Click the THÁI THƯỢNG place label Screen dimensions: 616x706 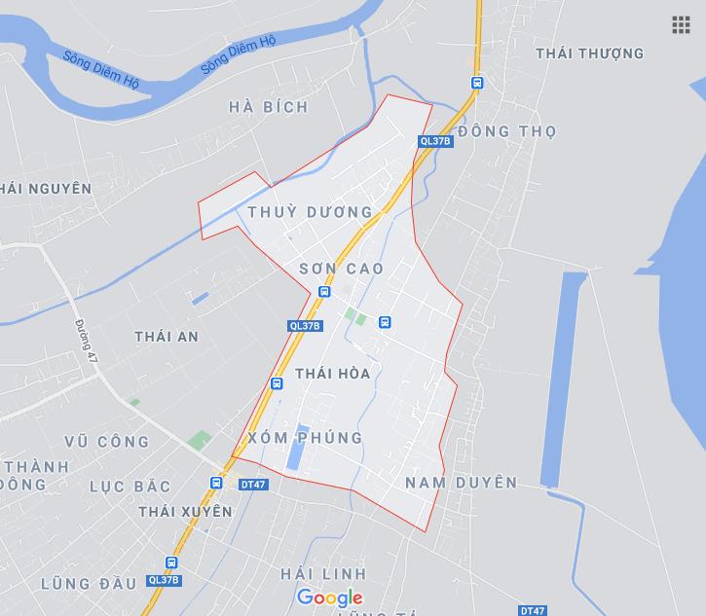[x=589, y=54]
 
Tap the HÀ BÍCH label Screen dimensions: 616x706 [x=269, y=107]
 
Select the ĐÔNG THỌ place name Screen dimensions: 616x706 [x=506, y=131]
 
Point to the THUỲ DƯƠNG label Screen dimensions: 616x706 [x=310, y=211]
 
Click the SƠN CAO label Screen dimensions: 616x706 [x=341, y=268]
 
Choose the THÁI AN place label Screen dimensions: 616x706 [x=167, y=337]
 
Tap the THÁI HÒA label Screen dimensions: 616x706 [x=332, y=374]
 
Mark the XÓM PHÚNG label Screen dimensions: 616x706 [x=305, y=438]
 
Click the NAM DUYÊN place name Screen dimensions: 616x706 [x=461, y=483]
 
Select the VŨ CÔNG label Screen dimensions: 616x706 [x=107, y=442]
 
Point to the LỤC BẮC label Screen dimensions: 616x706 [x=130, y=486]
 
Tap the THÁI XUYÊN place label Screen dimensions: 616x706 [x=185, y=511]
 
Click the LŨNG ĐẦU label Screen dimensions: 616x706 [x=89, y=584]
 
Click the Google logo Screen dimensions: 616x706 [x=330, y=598]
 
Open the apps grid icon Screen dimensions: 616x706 [x=681, y=25]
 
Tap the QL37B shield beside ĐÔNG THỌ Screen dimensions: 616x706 [x=435, y=141]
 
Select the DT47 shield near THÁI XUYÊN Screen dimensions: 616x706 [x=252, y=484]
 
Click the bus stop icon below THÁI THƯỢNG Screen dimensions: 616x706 [x=476, y=83]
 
